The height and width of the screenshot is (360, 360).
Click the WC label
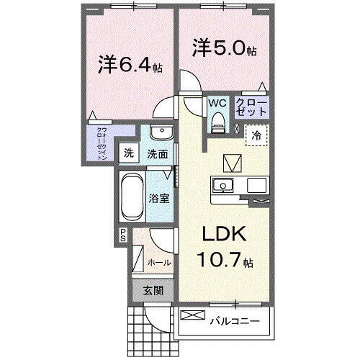point(217,104)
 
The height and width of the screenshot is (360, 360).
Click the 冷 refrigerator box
point(256,135)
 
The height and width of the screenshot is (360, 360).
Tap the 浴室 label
point(159,198)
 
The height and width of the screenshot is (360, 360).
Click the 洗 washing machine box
point(128,153)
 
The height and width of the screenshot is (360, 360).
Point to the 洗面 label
point(158,153)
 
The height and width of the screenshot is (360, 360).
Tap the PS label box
point(123,234)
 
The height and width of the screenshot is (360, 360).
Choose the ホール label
point(158,263)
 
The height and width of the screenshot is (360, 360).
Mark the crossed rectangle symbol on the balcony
point(192,315)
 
